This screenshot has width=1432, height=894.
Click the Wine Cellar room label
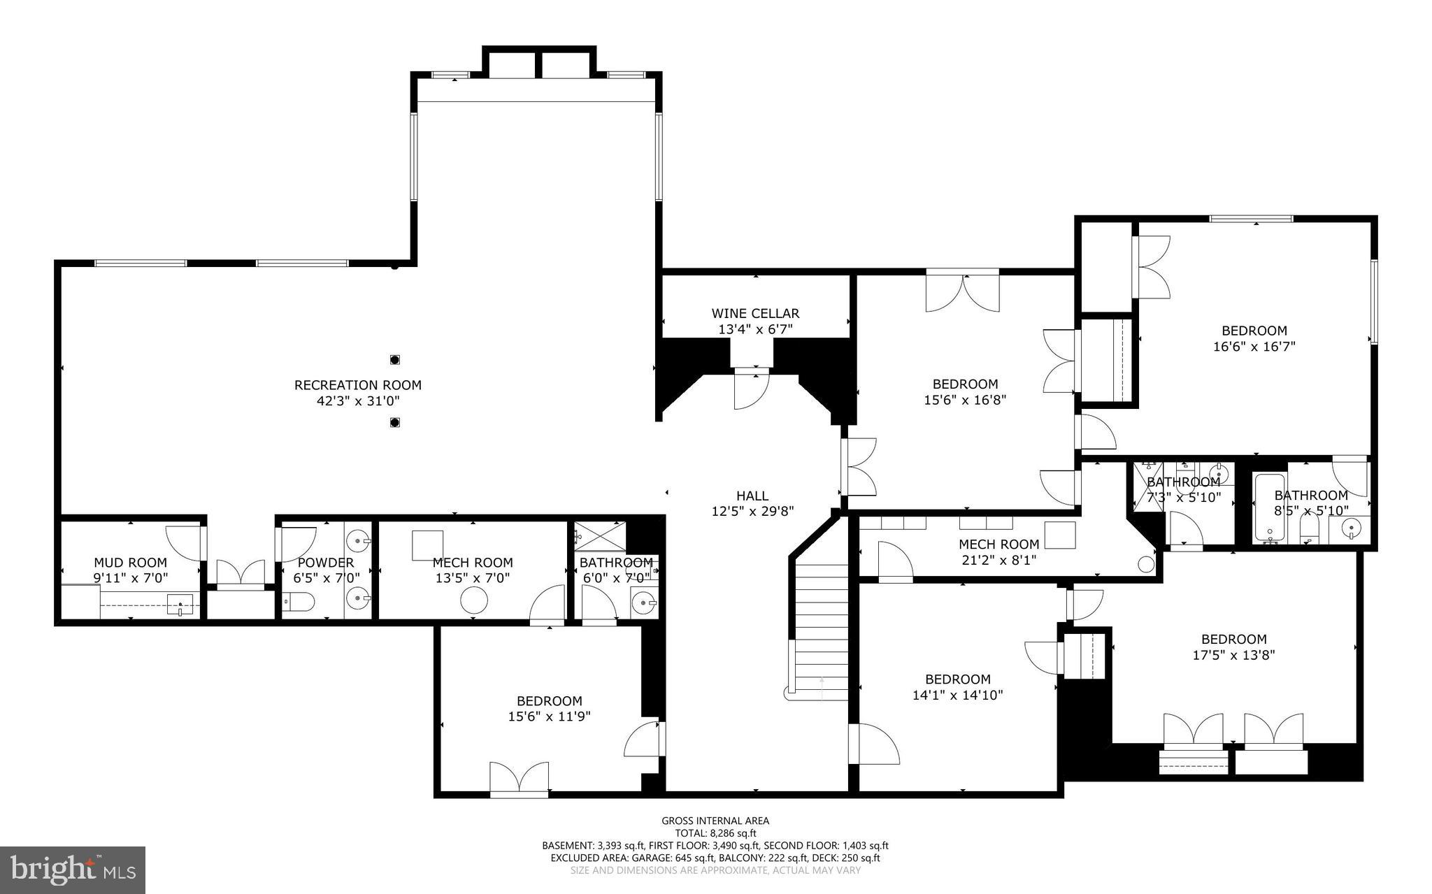point(755,314)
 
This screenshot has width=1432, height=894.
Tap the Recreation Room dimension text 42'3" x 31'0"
point(357,401)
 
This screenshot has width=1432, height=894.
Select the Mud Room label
point(131,563)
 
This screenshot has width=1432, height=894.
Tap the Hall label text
point(752,496)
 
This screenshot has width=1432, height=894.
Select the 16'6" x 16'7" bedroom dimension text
point(1254,346)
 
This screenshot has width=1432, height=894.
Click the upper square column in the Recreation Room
point(394,360)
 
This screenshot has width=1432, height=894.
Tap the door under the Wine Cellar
point(750,391)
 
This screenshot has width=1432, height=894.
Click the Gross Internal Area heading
point(715,821)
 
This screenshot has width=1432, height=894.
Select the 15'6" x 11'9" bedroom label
point(549,701)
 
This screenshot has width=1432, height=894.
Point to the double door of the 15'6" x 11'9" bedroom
point(519,779)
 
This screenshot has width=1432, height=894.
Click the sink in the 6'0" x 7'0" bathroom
point(643,600)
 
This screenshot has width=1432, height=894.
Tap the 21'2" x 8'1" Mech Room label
point(998,545)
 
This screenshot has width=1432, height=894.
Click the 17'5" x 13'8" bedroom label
point(1233,639)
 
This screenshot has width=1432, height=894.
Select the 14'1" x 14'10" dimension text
point(957,695)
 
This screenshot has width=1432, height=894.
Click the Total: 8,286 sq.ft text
point(715,833)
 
